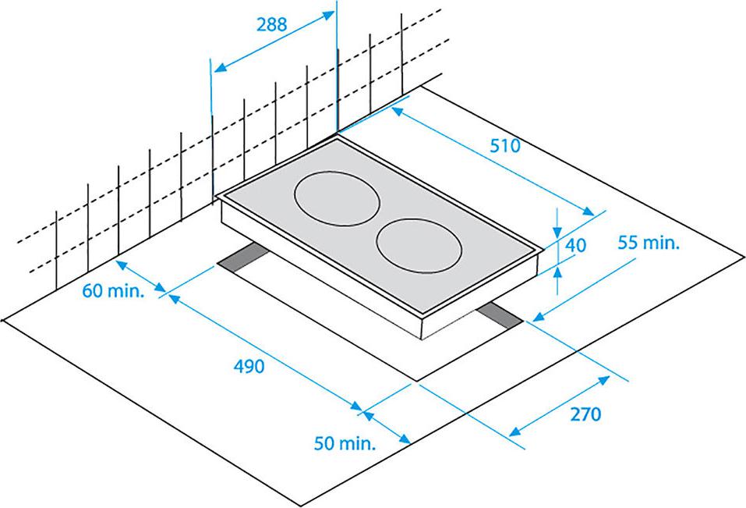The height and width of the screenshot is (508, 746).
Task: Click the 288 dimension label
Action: (271, 24)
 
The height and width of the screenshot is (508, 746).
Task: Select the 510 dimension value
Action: (505, 145)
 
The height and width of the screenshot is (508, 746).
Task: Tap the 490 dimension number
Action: (249, 366)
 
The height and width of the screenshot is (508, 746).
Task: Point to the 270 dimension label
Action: (585, 414)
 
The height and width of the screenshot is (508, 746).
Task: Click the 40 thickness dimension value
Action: (576, 245)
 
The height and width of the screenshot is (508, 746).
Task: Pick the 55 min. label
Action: (649, 243)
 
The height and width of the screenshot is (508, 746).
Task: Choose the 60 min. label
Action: (113, 290)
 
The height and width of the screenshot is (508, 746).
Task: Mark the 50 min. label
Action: (345, 443)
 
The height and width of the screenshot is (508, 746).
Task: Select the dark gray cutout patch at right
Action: (499, 316)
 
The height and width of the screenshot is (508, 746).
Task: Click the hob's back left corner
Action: (338, 138)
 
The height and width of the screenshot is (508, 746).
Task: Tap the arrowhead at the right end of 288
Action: (329, 15)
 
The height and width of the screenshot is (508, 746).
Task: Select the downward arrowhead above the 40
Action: (557, 232)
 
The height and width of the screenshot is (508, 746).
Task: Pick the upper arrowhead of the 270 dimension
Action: (604, 379)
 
